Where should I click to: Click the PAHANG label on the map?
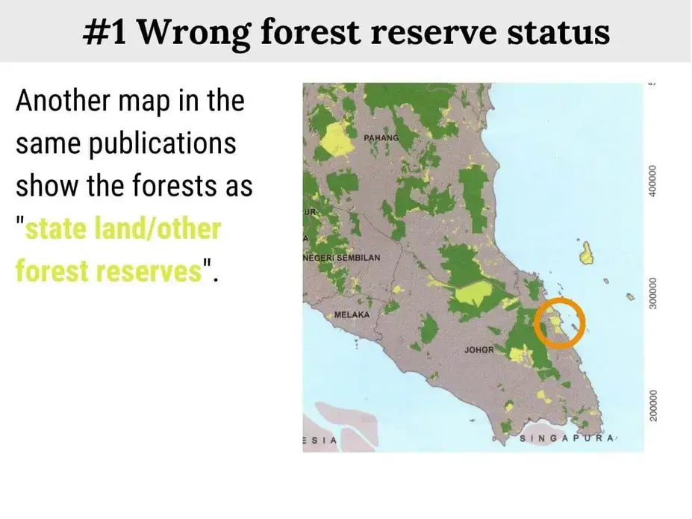(x=381, y=139)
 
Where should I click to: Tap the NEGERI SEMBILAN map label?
(x=342, y=258)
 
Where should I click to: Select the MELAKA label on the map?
(x=352, y=314)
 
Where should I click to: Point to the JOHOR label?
(x=479, y=349)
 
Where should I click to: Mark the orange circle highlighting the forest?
(x=560, y=323)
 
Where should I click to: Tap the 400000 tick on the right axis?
(x=655, y=181)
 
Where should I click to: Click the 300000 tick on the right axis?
(x=655, y=296)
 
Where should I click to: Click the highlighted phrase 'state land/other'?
(x=123, y=228)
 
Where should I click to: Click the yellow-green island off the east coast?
(x=587, y=252)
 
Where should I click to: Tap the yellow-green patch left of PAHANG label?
(x=335, y=139)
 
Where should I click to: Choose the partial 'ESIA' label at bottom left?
(x=319, y=441)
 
